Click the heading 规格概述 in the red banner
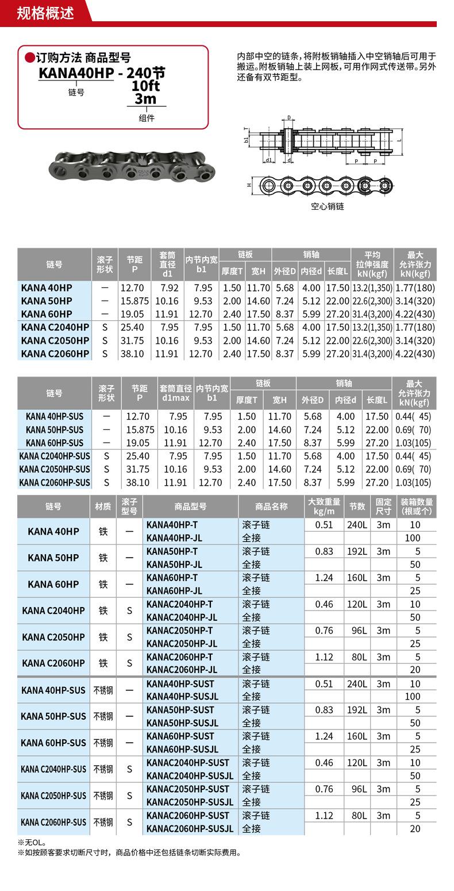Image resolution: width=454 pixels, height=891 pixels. click(45, 13)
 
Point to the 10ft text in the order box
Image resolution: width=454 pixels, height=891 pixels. click(145, 86)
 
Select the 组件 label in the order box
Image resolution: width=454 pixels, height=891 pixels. click(147, 118)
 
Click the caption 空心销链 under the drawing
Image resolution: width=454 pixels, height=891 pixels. click(328, 206)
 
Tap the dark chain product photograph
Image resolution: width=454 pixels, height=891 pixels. click(132, 166)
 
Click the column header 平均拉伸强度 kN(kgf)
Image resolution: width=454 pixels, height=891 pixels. click(372, 264)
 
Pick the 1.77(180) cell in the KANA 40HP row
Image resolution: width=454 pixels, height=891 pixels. click(415, 288)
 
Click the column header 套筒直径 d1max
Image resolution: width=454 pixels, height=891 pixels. click(175, 393)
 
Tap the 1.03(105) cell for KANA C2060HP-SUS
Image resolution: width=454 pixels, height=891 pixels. click(413, 482)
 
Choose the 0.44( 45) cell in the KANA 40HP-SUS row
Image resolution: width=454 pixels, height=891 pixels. click(413, 416)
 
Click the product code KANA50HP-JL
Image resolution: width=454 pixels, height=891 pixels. click(174, 564)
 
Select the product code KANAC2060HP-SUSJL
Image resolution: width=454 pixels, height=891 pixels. click(190, 829)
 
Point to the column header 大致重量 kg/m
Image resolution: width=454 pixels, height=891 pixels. click(324, 506)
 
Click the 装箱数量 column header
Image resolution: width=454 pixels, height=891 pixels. click(417, 506)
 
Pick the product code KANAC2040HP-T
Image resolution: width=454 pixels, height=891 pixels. click(179, 604)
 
